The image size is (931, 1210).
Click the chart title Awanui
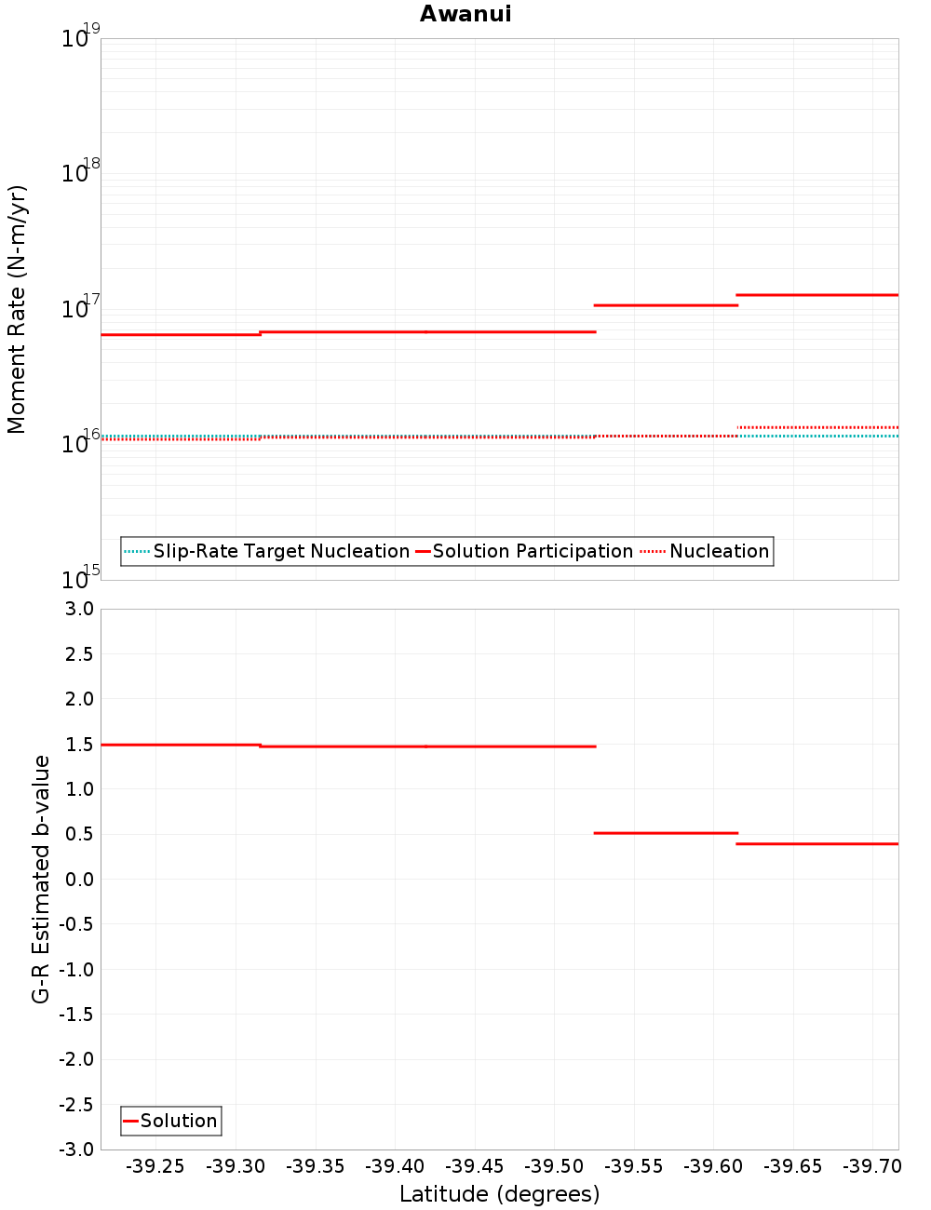tap(465, 14)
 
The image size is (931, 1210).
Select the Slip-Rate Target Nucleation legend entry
tap(280, 551)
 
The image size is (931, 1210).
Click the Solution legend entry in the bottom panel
tap(178, 1121)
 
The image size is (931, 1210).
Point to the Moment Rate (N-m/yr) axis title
tap(17, 309)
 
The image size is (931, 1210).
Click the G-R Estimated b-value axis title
tap(41, 879)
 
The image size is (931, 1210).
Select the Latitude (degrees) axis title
tap(499, 1194)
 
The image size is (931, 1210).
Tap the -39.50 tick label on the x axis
tap(554, 1166)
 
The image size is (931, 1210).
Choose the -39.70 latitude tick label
tap(872, 1166)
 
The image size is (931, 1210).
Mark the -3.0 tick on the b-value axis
tap(76, 1149)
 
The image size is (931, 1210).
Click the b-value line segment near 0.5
tap(666, 833)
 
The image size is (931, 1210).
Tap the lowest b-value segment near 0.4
tap(817, 843)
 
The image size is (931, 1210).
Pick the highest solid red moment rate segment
tap(817, 295)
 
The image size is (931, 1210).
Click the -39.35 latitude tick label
tap(315, 1166)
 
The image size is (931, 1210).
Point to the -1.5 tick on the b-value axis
tap(76, 1015)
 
